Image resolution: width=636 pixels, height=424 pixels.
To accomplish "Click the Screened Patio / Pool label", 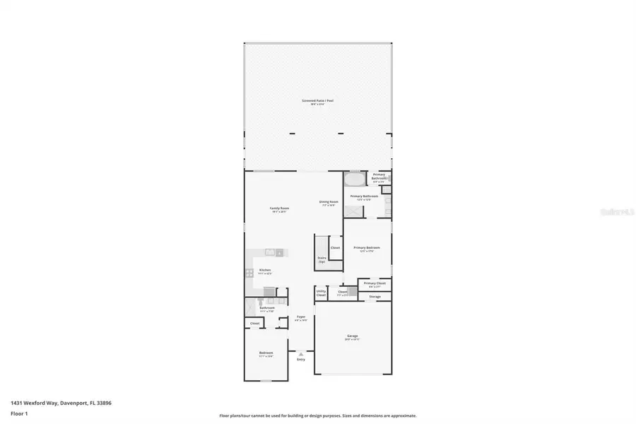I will pos(317,101).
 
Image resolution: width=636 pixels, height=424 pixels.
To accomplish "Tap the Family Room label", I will pos(280,208).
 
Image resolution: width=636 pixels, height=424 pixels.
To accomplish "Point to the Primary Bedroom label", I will pos(367,248).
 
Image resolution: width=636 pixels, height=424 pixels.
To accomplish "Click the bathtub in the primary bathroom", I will pos(356,179).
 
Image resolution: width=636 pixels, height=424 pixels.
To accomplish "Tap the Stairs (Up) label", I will pos(322,259).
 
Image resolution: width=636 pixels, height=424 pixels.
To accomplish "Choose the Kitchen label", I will pos(265,270).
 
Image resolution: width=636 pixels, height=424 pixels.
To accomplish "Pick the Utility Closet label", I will pos(321,292).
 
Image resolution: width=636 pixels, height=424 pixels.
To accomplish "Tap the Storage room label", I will pos(375,297).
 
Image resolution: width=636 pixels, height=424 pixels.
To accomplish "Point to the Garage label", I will pos(352,336).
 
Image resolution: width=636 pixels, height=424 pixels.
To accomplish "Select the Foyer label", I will pos(301,317).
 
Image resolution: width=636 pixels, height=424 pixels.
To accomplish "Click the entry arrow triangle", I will pos(301,353).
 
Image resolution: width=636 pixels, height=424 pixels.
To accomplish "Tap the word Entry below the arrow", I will pos(301,360).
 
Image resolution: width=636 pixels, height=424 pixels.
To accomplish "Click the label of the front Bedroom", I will pos(266,353).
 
